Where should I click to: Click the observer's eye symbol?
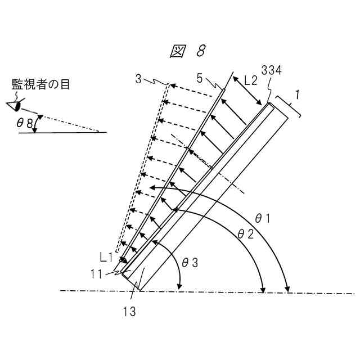pos(17,105)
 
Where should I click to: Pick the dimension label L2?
pos(250,80)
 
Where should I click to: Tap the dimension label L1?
pos(106,258)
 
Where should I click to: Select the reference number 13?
pos(129,310)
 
